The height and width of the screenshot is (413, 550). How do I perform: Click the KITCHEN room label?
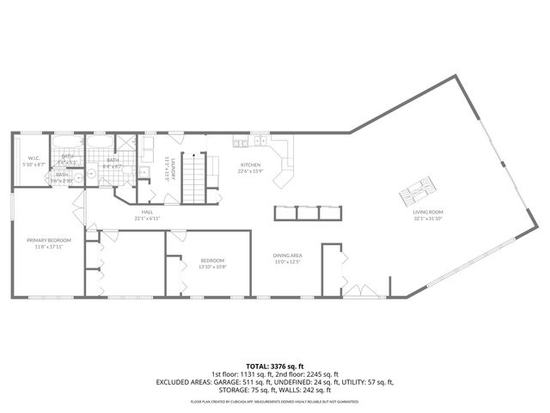coord(250,164)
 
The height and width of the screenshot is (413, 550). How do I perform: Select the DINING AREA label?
coord(287,255)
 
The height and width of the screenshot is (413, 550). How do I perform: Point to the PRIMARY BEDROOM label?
coord(48,239)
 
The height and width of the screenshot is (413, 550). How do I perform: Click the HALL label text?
coord(148,213)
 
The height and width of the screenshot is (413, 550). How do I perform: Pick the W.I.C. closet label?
coord(34,157)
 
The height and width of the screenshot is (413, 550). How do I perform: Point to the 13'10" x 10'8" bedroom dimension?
coord(212,266)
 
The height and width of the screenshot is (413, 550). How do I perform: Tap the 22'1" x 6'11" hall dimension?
coord(148,219)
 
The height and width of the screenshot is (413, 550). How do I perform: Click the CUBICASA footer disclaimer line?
coord(275,402)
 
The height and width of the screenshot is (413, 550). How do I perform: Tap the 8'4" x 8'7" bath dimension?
coord(113,166)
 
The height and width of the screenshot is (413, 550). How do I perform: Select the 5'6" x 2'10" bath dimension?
coord(63,180)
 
